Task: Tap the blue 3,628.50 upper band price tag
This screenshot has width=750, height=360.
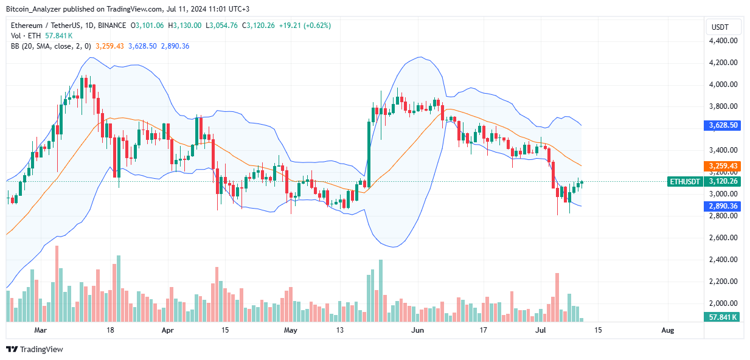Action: [x=723, y=125]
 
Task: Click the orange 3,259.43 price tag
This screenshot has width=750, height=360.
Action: [x=723, y=165]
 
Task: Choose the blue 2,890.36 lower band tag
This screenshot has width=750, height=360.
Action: [x=723, y=206]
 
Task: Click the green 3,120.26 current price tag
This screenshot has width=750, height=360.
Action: [x=723, y=181]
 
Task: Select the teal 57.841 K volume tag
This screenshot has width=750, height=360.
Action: [x=723, y=317]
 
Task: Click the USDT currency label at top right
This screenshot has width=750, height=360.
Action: [x=721, y=27]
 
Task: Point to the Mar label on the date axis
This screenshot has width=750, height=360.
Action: [x=40, y=330]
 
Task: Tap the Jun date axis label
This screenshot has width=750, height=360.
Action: [x=417, y=330]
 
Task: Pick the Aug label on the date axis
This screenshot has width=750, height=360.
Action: [x=667, y=330]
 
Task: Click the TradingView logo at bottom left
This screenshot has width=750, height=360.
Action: [x=35, y=349]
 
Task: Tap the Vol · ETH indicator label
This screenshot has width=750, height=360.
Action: [x=26, y=36]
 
